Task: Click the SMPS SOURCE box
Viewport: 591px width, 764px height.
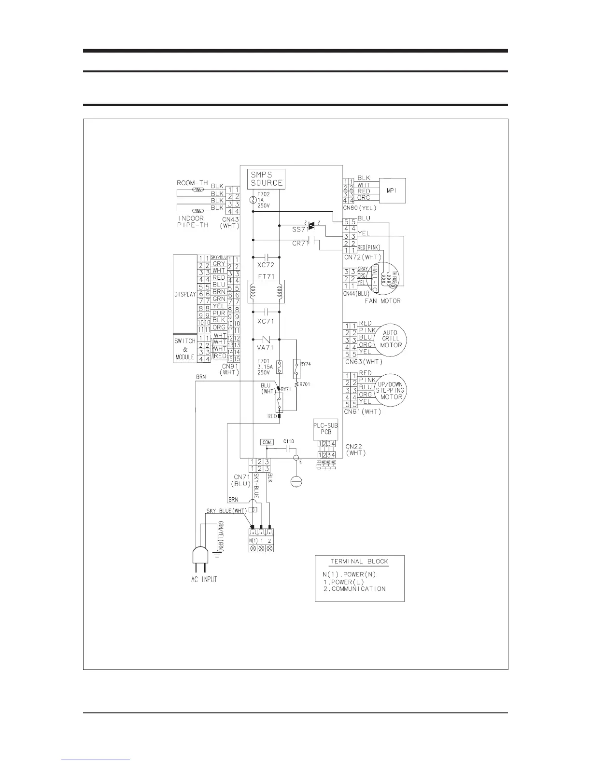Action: pyautogui.click(x=266, y=179)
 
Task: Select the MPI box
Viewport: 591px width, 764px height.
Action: pyautogui.click(x=392, y=191)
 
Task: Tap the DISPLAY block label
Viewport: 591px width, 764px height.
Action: pyautogui.click(x=185, y=294)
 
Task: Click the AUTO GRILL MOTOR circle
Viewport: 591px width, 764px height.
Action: pyautogui.click(x=390, y=339)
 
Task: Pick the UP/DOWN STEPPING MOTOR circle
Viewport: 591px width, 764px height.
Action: pyautogui.click(x=390, y=390)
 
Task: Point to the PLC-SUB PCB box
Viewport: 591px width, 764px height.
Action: pyautogui.click(x=325, y=429)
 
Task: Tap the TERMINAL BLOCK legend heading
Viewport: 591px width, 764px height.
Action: pyautogui.click(x=359, y=561)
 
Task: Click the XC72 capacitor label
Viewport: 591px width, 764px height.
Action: pyautogui.click(x=266, y=265)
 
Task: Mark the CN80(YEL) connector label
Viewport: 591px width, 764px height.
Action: pyautogui.click(x=360, y=208)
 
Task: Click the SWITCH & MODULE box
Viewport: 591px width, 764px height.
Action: pyautogui.click(x=185, y=349)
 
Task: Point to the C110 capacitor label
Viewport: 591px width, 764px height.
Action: pyautogui.click(x=289, y=441)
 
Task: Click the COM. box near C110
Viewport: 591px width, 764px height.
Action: pyautogui.click(x=267, y=442)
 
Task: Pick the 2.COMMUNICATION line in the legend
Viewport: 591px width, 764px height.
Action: pyautogui.click(x=354, y=588)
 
